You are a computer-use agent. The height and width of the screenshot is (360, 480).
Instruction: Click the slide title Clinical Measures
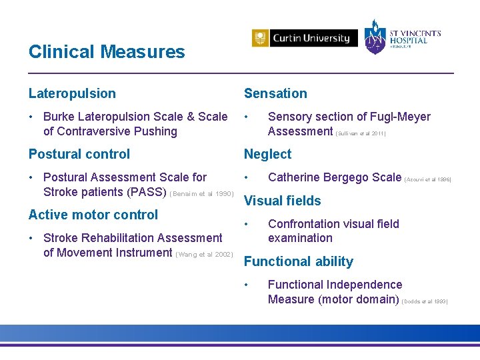click(107, 52)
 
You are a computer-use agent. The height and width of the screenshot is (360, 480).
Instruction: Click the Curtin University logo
click(301, 38)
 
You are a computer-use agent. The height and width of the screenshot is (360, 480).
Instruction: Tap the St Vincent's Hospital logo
click(402, 37)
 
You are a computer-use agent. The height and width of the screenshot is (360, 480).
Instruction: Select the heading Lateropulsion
click(72, 94)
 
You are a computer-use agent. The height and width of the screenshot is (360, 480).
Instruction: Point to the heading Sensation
click(275, 94)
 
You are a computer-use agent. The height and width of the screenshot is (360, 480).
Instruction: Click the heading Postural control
click(79, 154)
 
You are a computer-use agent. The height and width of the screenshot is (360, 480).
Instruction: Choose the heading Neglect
click(267, 154)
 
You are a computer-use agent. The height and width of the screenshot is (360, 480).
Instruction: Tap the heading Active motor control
click(93, 215)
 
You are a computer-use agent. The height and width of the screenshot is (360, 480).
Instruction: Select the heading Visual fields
click(282, 201)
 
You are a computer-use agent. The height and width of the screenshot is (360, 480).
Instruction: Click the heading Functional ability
click(298, 261)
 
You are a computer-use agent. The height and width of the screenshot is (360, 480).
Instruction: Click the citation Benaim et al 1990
click(202, 194)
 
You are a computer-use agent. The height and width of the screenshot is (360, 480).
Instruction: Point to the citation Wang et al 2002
click(204, 254)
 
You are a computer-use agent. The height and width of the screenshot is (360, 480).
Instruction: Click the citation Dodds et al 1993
click(425, 301)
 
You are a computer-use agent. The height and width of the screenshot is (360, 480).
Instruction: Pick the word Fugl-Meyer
click(399, 117)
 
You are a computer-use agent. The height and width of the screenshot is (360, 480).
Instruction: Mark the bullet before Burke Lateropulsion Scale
click(32, 117)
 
